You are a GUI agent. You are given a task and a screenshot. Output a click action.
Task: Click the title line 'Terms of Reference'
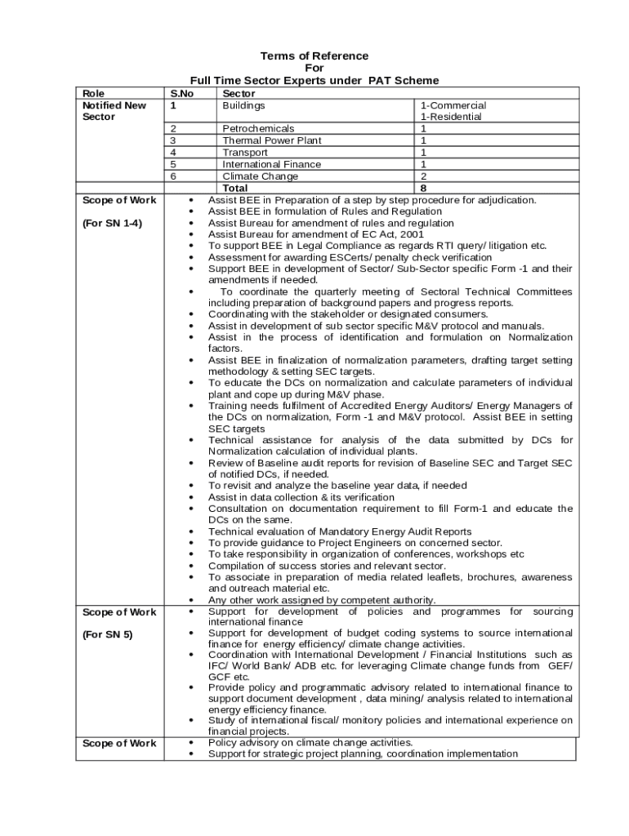pos(314,56)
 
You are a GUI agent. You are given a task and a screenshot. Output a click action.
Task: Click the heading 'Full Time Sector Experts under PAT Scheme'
pos(314,80)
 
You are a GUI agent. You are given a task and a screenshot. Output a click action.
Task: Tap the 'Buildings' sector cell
pos(243,105)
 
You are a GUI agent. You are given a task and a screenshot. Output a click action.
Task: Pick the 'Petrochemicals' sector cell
pos(258,129)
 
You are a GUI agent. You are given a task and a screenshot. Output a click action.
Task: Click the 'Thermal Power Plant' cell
pos(272,140)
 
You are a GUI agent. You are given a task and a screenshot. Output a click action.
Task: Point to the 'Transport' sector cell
pos(245,153)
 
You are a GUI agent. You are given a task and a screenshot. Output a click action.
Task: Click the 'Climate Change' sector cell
pos(261,176)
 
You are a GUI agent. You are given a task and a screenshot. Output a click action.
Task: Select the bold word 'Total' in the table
pos(242,188)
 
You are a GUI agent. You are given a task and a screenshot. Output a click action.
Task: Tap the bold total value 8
pos(423,188)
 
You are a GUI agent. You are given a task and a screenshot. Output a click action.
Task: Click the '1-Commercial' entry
pos(453,105)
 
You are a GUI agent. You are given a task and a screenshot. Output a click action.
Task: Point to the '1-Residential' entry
pos(451,117)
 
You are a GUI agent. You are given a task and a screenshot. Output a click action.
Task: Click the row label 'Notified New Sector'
pos(114,111)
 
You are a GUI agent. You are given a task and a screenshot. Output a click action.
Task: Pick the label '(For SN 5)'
pos(107,634)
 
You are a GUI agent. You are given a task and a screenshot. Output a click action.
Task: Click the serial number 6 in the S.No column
pos(173,176)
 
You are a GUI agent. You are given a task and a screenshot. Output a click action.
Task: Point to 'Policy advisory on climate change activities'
pos(310,742)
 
